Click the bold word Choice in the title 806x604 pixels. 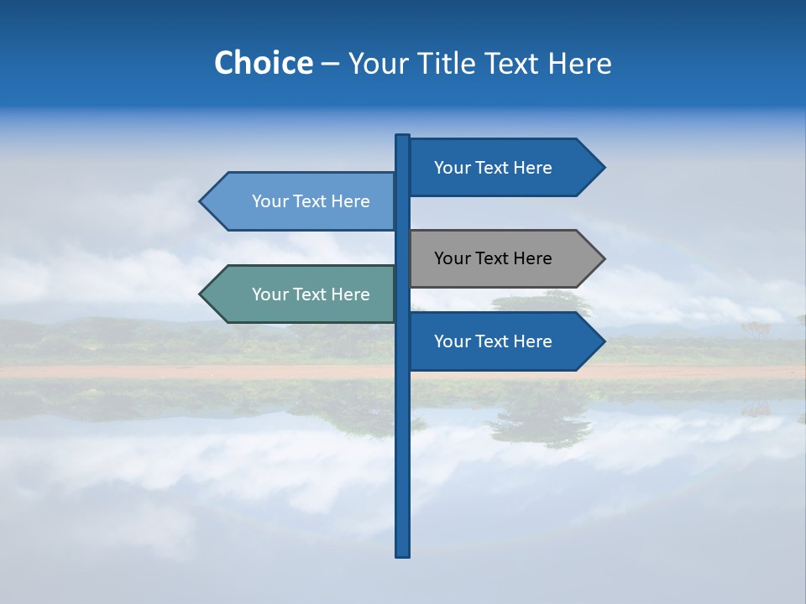(263, 63)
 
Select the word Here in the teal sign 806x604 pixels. (350, 294)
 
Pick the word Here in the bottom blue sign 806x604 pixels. (532, 341)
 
